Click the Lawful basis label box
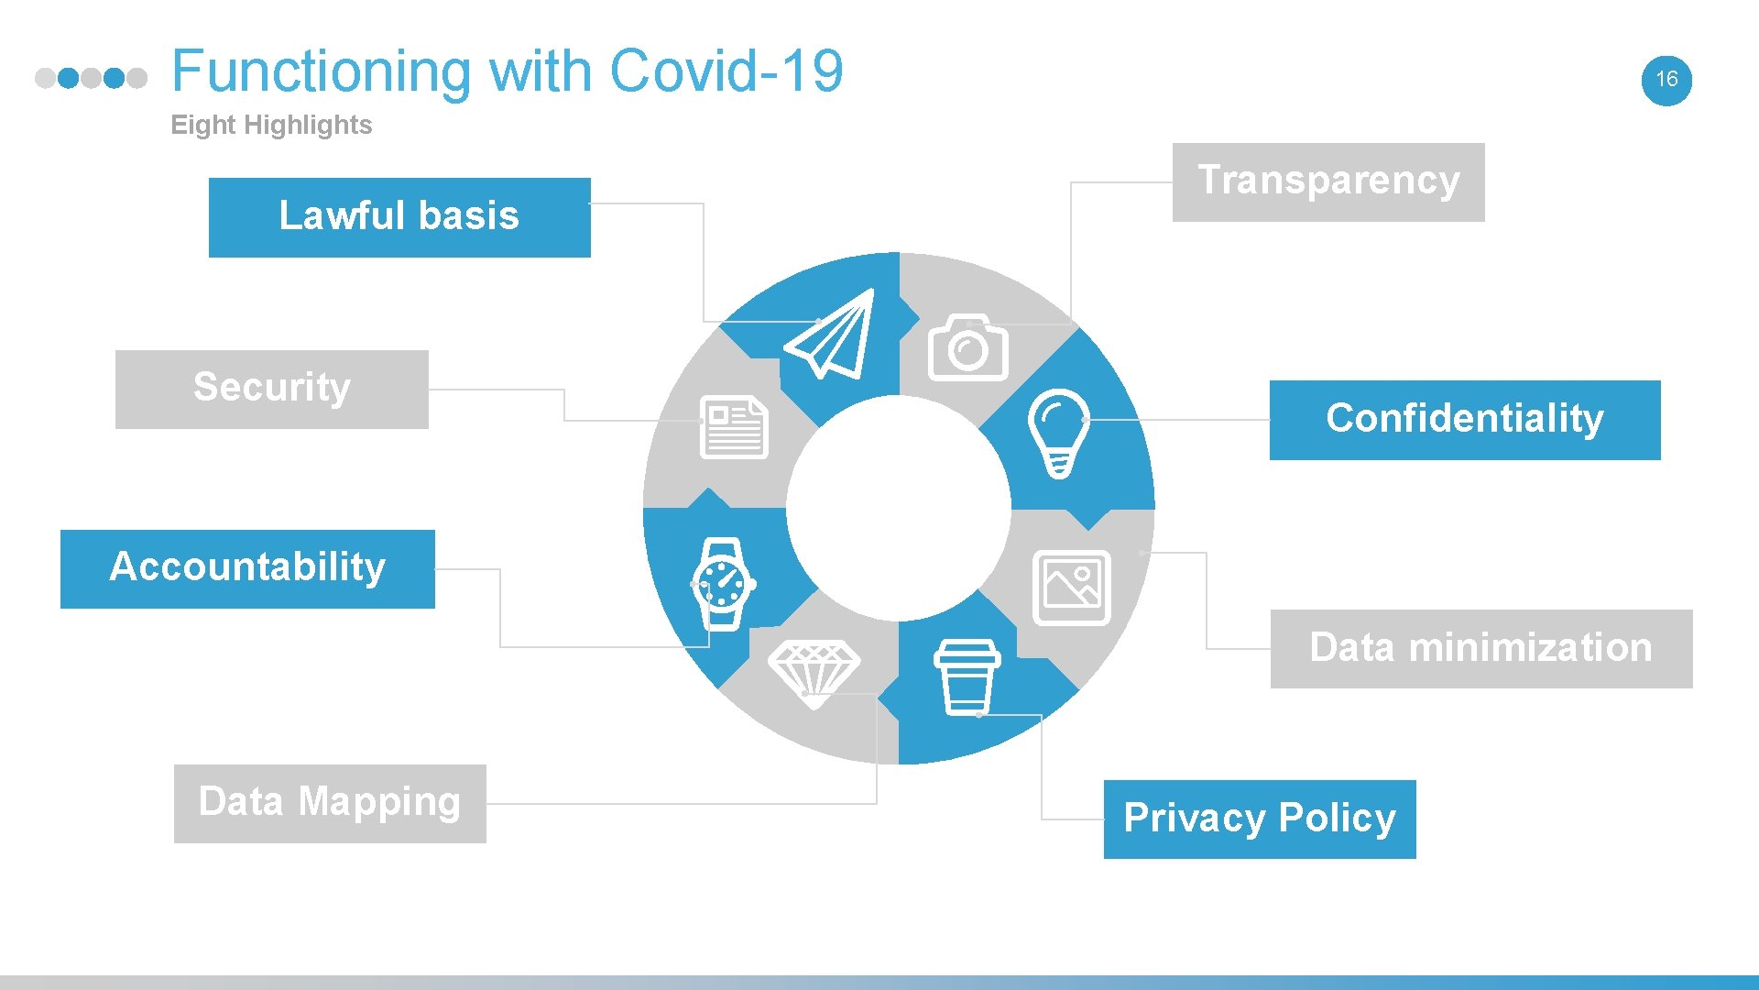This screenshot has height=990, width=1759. pos(399,217)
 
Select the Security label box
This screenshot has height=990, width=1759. pos(272,389)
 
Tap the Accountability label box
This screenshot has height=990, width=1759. pos(247,568)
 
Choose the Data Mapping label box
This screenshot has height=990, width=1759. pos(330,803)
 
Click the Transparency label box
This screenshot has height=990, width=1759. pos(1328,181)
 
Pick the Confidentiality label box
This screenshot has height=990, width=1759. pos(1464,420)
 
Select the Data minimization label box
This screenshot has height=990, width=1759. pos(1480,648)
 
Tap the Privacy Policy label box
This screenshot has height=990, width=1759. pos(1259,819)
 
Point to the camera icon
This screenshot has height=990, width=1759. pos(968,348)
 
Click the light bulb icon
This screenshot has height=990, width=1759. pos(1059,432)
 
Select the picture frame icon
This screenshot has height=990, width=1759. pos(1071,588)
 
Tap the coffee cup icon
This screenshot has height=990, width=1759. pos(967,677)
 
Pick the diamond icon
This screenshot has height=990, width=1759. pos(814,672)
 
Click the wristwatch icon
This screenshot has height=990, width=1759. pos(723,584)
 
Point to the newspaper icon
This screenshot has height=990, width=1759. pos(734,427)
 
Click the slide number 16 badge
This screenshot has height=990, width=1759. pos(1666,80)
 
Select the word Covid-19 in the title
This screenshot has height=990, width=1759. pos(726,71)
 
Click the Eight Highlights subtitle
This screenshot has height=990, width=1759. pos(271,125)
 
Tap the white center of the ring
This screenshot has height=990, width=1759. pos(899,508)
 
